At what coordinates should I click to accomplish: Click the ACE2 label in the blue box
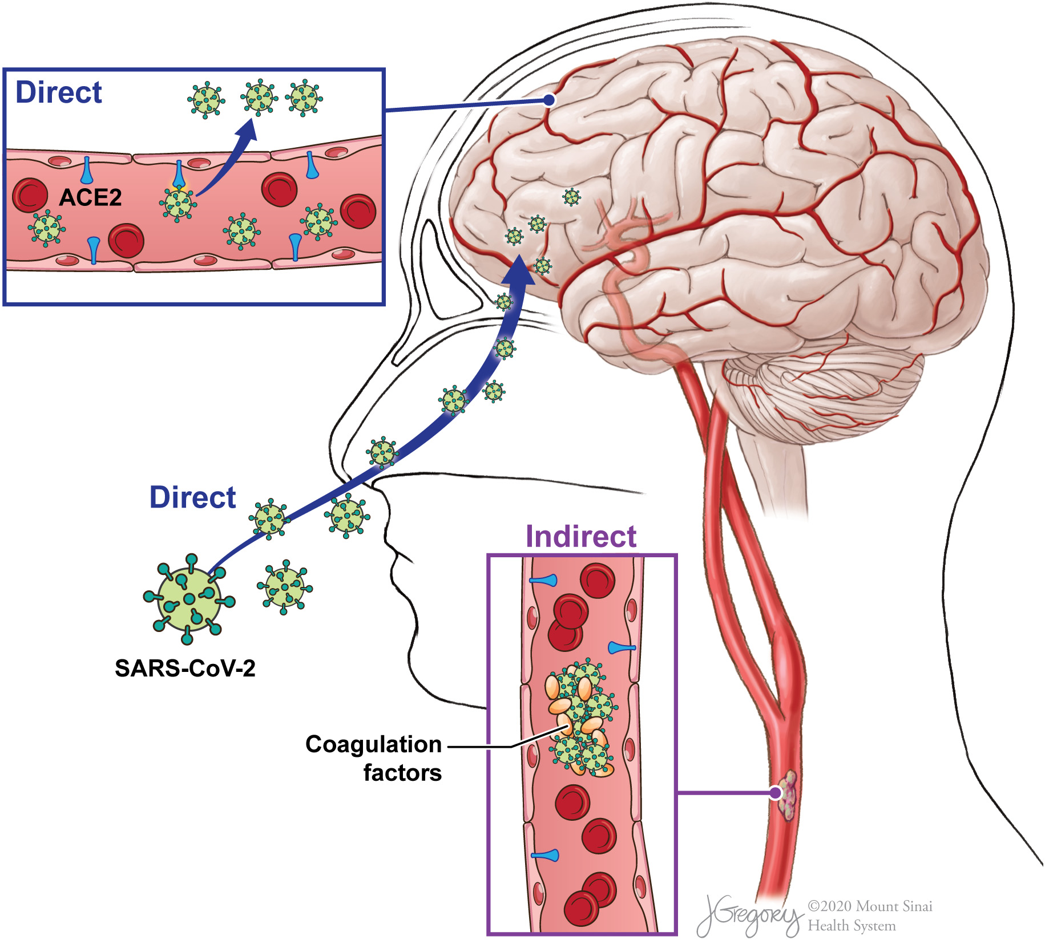tap(91, 197)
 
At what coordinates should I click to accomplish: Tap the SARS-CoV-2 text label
tap(185, 668)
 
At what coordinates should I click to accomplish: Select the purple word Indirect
tap(580, 537)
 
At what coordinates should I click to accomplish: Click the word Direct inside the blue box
tap(59, 92)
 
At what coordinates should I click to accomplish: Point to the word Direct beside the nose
tap(192, 497)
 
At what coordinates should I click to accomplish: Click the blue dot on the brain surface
tap(549, 100)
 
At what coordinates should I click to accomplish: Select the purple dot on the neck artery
tap(775, 792)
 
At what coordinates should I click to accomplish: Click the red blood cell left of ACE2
tap(30, 195)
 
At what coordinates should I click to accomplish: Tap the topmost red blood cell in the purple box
tap(598, 581)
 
